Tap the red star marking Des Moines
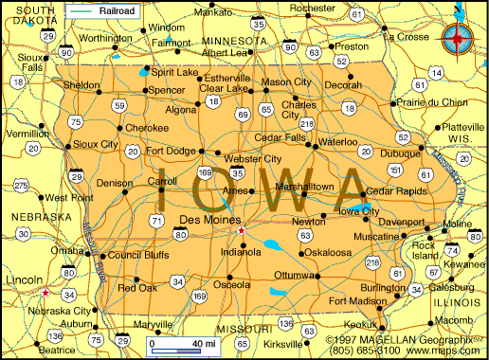tap(241, 231)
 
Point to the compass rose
tap(459, 39)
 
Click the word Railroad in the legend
tap(120, 11)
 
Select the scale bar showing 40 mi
tap(185, 343)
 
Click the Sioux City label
tap(96, 145)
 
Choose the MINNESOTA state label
tap(233, 42)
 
